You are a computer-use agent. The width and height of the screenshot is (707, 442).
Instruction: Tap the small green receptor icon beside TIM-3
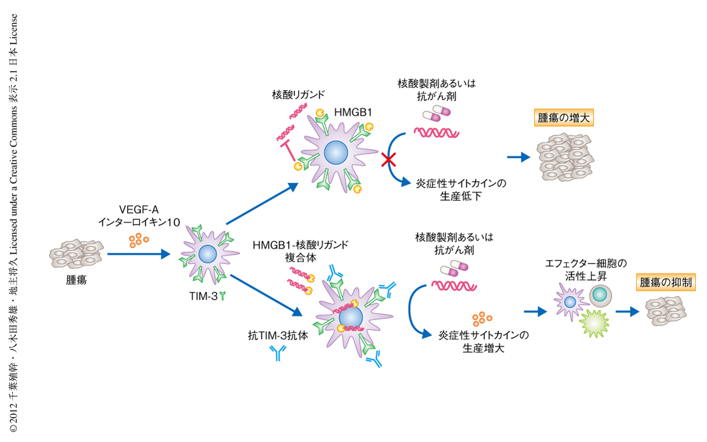click(223, 297)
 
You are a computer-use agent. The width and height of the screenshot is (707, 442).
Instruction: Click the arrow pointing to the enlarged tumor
click(518, 157)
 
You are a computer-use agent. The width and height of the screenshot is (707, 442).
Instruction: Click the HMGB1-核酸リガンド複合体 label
click(300, 250)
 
